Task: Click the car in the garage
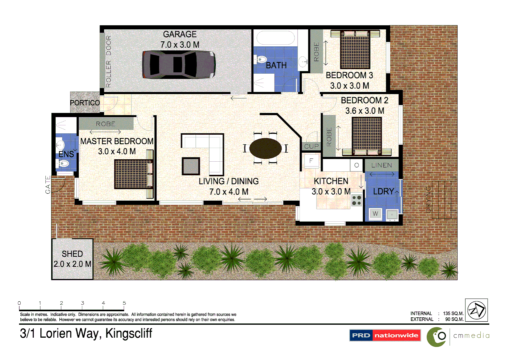178,65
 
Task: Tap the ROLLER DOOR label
108,62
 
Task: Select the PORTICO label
85,103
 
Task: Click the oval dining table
266,148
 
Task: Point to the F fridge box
311,161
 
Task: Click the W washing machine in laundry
376,214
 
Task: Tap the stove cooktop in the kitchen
357,200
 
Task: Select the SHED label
72,254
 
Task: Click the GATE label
48,184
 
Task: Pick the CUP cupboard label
312,146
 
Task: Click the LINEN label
382,165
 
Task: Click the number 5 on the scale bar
124,303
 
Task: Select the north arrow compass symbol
476,310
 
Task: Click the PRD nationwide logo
385,335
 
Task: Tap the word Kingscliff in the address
129,333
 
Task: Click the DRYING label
429,199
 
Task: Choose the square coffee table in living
191,166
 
